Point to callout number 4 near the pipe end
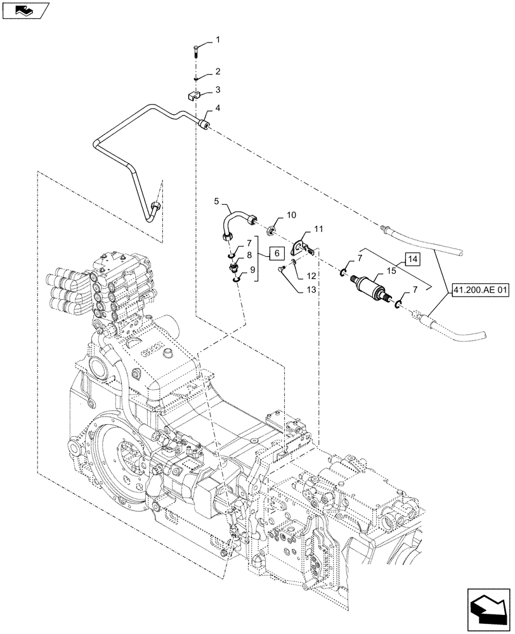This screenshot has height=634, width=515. coord(218,108)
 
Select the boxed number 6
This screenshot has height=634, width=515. coord(276,254)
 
